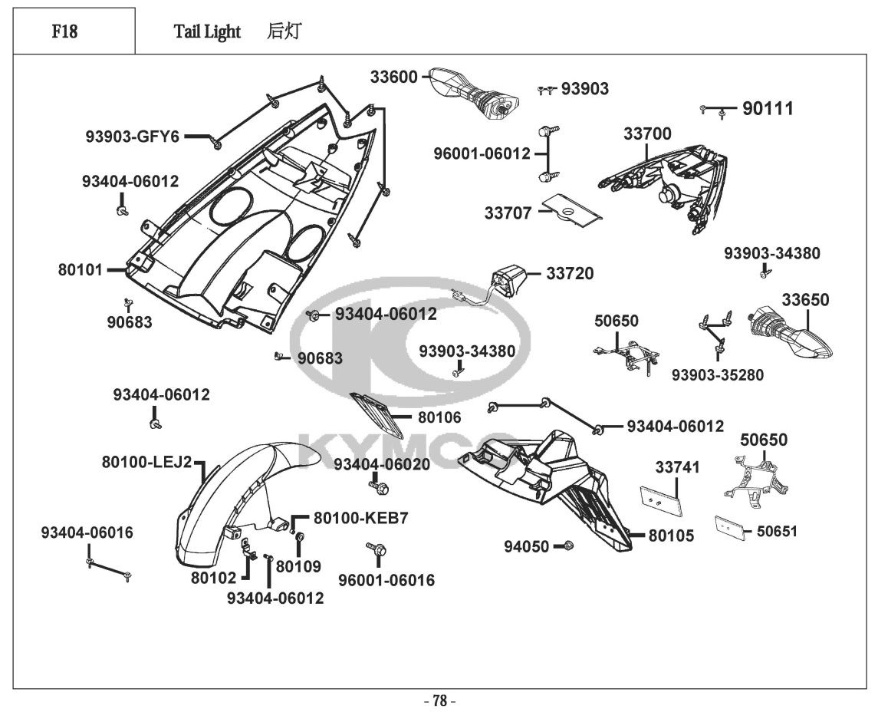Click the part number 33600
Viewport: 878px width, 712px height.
pos(393,77)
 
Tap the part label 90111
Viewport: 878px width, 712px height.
pos(768,109)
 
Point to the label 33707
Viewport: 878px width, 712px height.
pos(508,213)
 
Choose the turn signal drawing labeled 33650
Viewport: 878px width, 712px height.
pos(789,333)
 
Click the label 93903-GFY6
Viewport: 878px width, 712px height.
pos(132,137)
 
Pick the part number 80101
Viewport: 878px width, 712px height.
pos(80,270)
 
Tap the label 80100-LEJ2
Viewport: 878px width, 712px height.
pos(146,463)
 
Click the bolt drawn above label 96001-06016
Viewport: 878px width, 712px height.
pos(377,549)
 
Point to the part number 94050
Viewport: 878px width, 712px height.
pos(526,546)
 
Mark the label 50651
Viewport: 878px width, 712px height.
pos(777,531)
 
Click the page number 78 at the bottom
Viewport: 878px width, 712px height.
pos(439,700)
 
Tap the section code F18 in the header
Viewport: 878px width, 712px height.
pos(64,31)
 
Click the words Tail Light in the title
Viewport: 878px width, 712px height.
pos(207,31)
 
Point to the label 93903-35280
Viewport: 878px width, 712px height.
pos(717,375)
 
